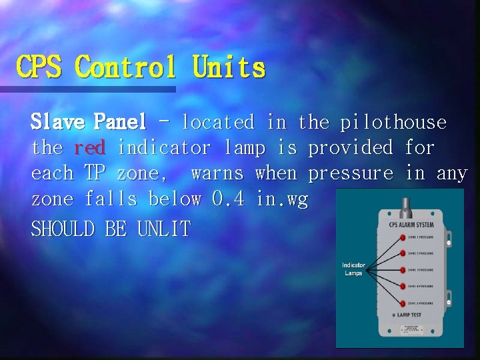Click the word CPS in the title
point(39,67)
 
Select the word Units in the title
point(229,67)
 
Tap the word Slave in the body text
point(58,122)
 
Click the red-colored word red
point(89,147)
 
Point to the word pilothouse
point(393,122)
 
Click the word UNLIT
point(163,229)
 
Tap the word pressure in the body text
point(350,173)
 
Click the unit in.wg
point(283,199)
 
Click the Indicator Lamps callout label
point(353,269)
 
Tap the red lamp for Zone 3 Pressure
point(403,269)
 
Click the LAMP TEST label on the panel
point(409,313)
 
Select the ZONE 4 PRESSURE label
point(420,285)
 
